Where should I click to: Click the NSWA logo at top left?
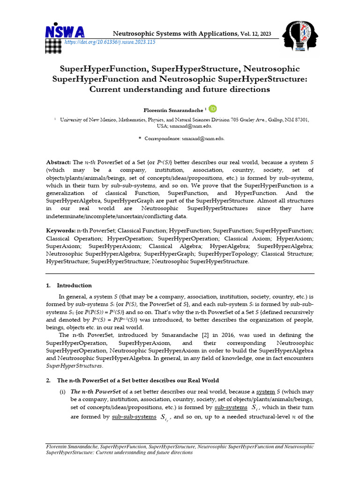pos(65,32)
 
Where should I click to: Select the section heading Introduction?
pos(74,285)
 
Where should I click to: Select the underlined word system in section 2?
pos(265,391)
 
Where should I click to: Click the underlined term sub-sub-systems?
pos(133,417)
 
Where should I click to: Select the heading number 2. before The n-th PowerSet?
pos(48,380)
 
